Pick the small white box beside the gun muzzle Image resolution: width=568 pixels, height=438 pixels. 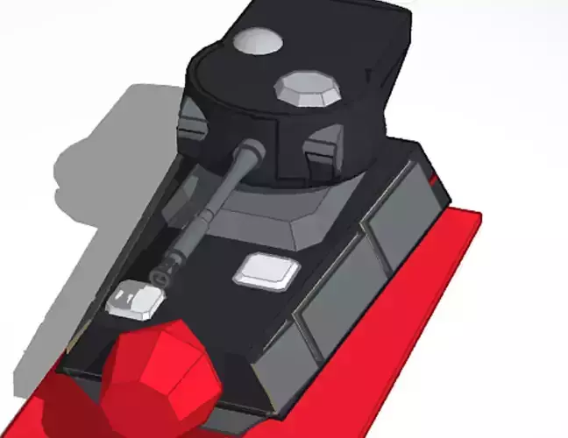coord(135,300)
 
